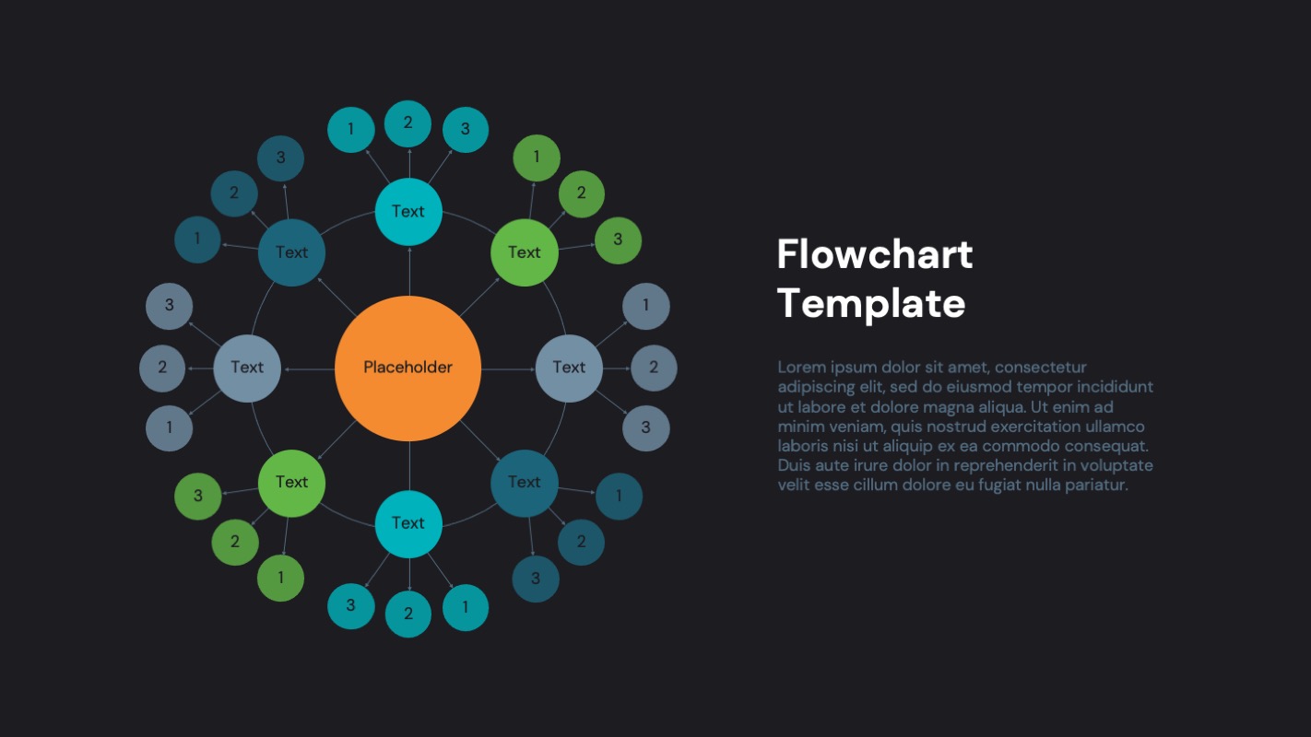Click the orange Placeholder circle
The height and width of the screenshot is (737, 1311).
point(407,368)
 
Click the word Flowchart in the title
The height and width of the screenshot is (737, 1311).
point(874,254)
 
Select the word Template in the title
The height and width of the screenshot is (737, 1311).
point(870,303)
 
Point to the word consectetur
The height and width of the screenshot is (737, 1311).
point(1041,367)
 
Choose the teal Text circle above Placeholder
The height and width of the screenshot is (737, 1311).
point(408,212)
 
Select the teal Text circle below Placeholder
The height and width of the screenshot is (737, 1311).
point(408,523)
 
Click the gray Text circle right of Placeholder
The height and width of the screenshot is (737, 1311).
point(569,368)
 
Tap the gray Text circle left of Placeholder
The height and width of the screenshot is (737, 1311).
point(247,368)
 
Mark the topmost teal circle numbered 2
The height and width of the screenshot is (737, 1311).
point(407,123)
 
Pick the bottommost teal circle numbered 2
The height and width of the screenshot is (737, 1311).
point(408,614)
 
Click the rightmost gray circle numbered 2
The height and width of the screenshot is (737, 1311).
point(654,368)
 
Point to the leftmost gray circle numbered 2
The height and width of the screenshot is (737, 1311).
point(162,368)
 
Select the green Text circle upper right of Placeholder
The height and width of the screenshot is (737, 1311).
point(524,252)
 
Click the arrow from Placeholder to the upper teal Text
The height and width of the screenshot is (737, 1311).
point(408,271)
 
